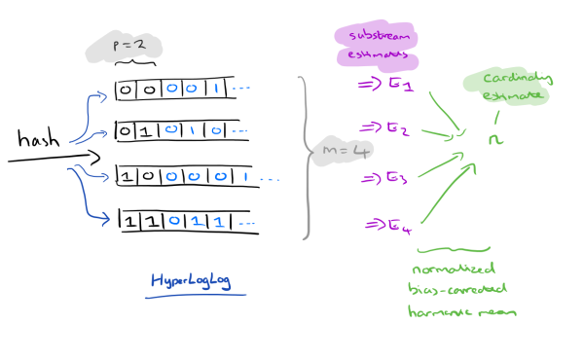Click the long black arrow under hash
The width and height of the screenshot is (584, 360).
(x=54, y=156)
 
